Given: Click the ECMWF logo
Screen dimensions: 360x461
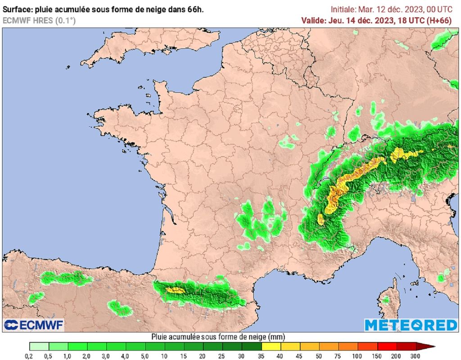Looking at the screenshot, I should click(34, 324).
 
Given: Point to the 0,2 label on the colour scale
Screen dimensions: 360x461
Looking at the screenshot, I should click(29, 356).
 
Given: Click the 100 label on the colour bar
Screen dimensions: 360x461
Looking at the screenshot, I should click(357, 356).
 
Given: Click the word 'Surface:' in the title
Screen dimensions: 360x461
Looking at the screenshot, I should click(17, 9).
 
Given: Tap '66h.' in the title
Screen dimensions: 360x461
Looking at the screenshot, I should click(195, 9).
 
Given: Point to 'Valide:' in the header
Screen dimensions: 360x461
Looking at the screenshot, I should click(313, 20).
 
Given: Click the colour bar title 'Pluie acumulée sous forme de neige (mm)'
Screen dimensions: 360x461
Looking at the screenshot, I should click(218, 337).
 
